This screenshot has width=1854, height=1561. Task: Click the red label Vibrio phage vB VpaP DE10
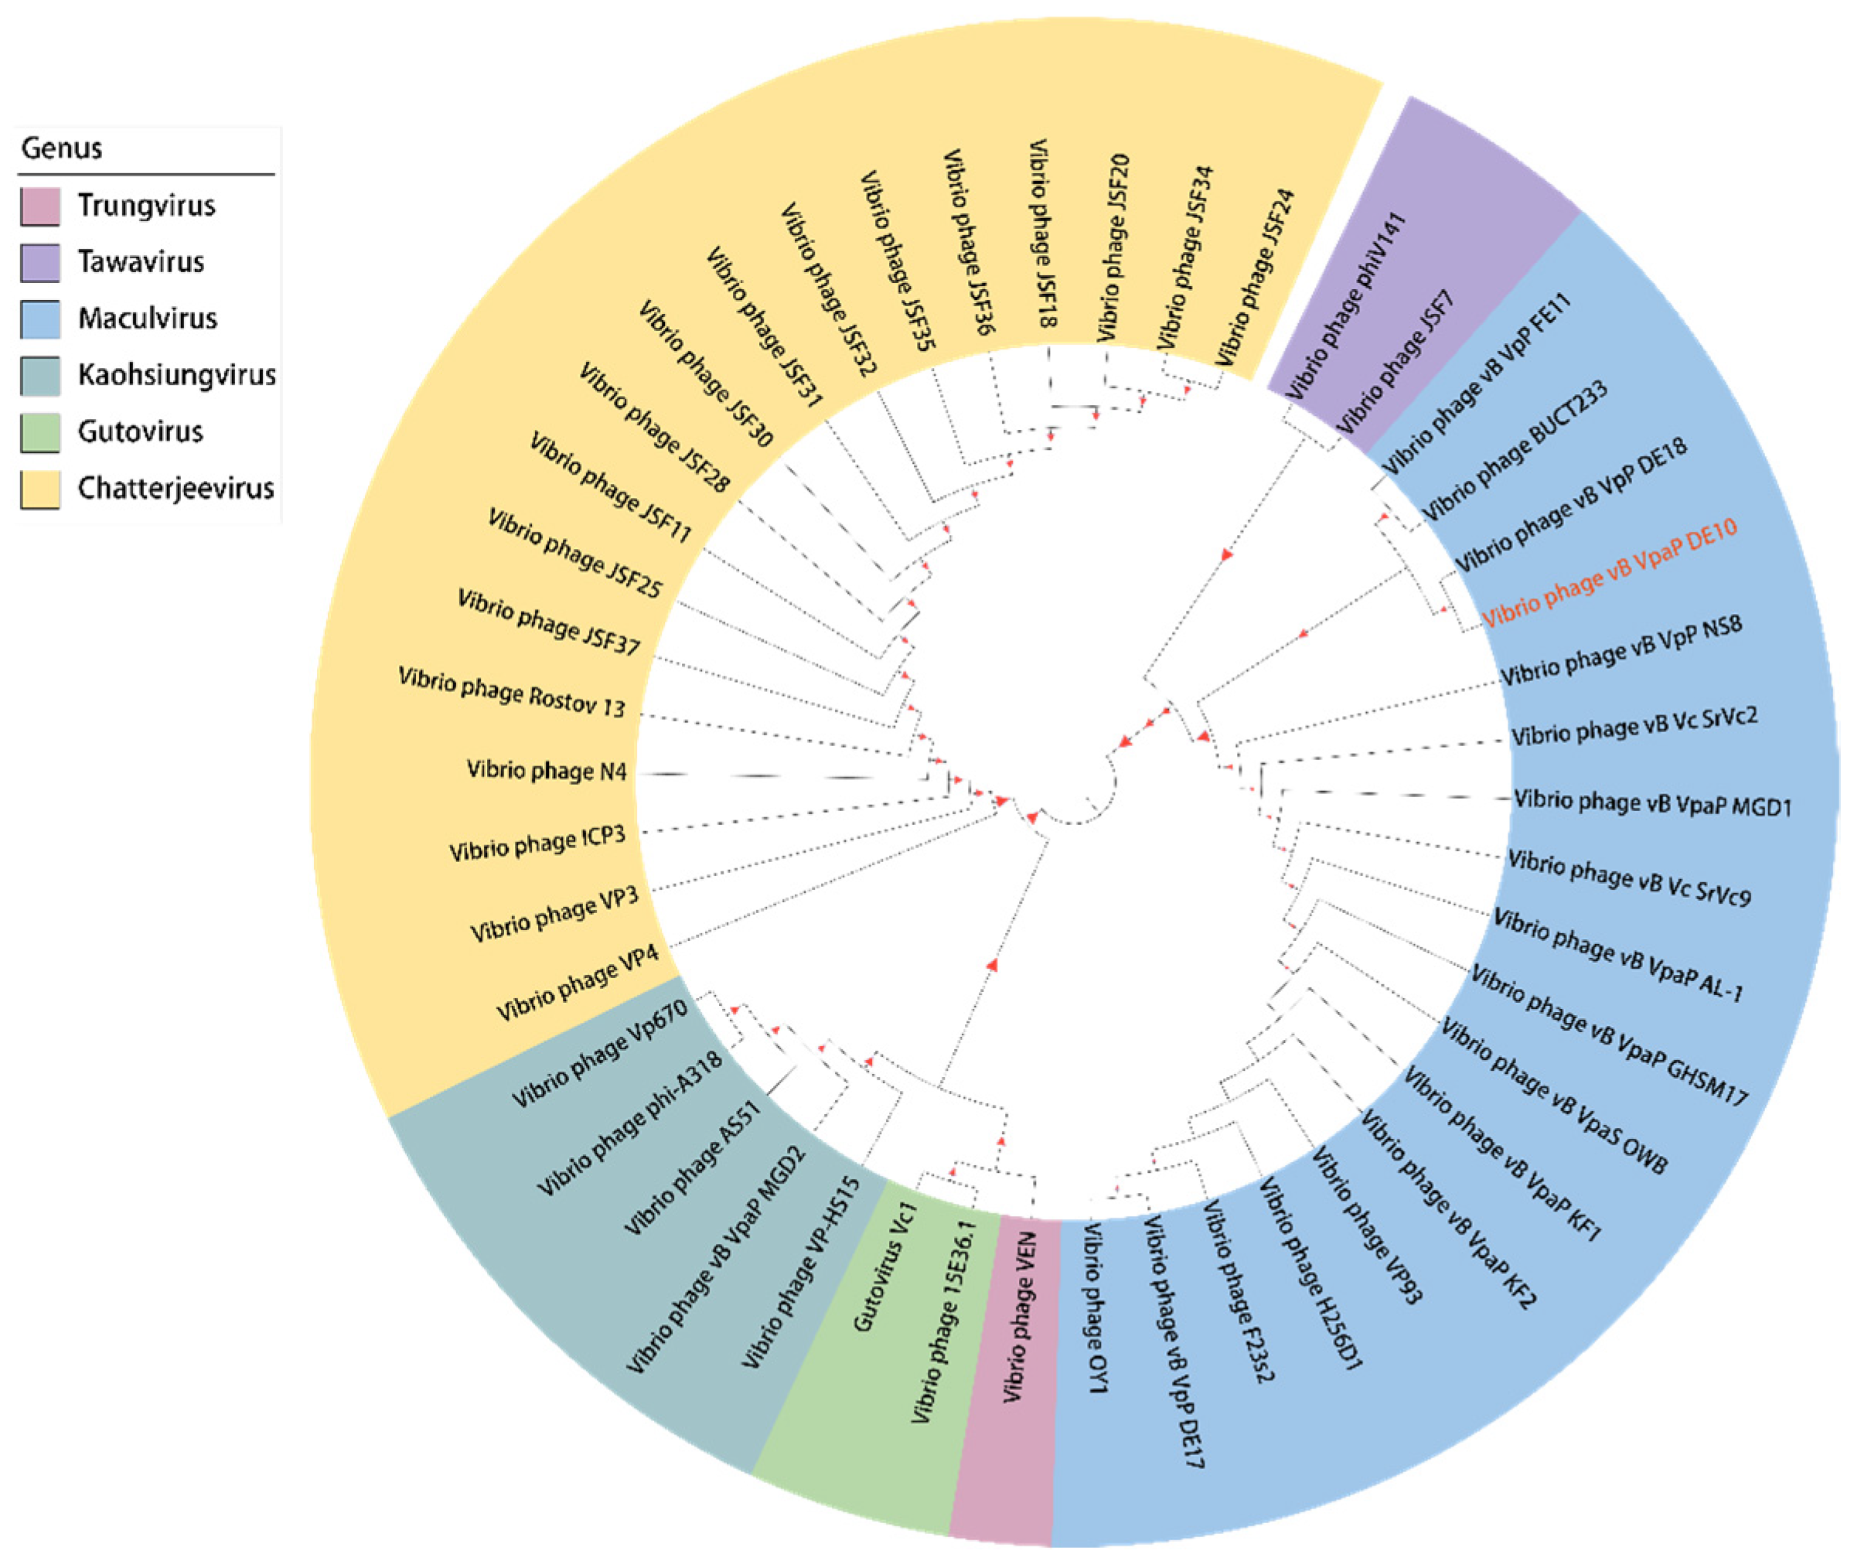click(1609, 573)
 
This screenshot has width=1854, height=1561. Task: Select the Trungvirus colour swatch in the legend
click(41, 206)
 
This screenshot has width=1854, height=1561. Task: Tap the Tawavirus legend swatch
click(41, 263)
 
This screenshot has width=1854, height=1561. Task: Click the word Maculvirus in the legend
click(147, 319)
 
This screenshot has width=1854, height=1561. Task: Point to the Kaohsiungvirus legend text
click(176, 375)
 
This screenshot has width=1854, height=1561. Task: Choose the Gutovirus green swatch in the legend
click(41, 433)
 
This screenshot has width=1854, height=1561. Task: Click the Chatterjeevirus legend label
click(176, 489)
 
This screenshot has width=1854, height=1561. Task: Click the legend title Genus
click(61, 148)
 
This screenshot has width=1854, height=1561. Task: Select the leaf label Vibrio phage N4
click(546, 771)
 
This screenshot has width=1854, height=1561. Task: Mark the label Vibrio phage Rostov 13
click(512, 693)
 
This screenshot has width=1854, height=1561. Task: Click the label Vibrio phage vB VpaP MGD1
click(1652, 803)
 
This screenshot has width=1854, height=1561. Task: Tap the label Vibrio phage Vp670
click(599, 1054)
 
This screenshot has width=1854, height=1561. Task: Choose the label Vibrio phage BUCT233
click(1514, 451)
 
